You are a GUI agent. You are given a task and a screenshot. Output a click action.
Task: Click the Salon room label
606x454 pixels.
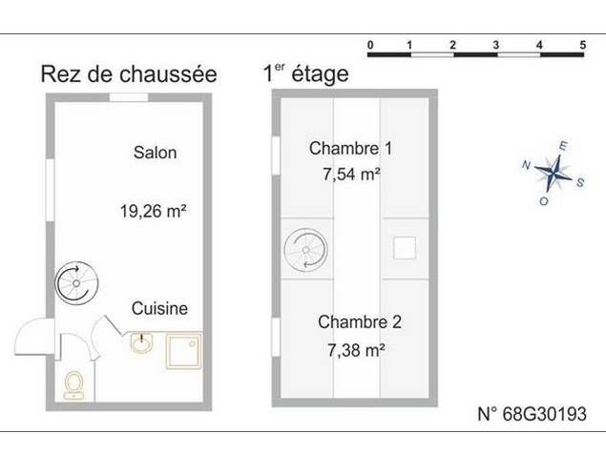(x=155, y=153)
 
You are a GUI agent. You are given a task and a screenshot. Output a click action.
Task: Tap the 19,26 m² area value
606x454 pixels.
(x=154, y=211)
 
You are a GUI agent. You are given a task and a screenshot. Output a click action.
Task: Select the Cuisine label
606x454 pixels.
(x=159, y=308)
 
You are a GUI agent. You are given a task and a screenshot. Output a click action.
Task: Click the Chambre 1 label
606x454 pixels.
(x=350, y=149)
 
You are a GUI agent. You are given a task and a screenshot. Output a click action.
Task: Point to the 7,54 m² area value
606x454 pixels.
(x=352, y=175)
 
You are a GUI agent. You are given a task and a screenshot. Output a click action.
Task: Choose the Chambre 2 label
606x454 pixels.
(x=360, y=321)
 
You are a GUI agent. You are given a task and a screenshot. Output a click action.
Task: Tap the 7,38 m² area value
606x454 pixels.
(x=356, y=350)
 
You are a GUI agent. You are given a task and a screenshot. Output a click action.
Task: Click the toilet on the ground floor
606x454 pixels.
(x=73, y=385)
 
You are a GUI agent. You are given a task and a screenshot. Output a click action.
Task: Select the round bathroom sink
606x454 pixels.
(x=141, y=342)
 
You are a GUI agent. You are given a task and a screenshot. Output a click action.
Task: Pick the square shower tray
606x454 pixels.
(x=184, y=351)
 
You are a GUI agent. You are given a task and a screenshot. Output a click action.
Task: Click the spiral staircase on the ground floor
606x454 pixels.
(x=76, y=283)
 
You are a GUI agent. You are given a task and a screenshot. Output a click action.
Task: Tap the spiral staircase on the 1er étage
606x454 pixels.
(x=305, y=250)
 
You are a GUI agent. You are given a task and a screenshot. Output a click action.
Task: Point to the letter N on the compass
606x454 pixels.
(x=526, y=165)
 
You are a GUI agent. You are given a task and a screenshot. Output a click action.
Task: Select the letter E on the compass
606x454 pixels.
(x=563, y=146)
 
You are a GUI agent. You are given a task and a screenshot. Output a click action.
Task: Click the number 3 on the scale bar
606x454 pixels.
(x=496, y=45)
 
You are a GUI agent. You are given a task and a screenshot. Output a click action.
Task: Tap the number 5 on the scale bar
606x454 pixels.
(x=583, y=45)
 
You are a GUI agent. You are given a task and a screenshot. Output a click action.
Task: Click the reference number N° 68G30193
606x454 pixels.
(x=533, y=414)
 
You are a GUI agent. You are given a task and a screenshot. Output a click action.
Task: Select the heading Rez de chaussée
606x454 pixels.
(x=129, y=74)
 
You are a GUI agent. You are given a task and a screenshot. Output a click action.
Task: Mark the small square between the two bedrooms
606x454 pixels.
(x=405, y=248)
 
